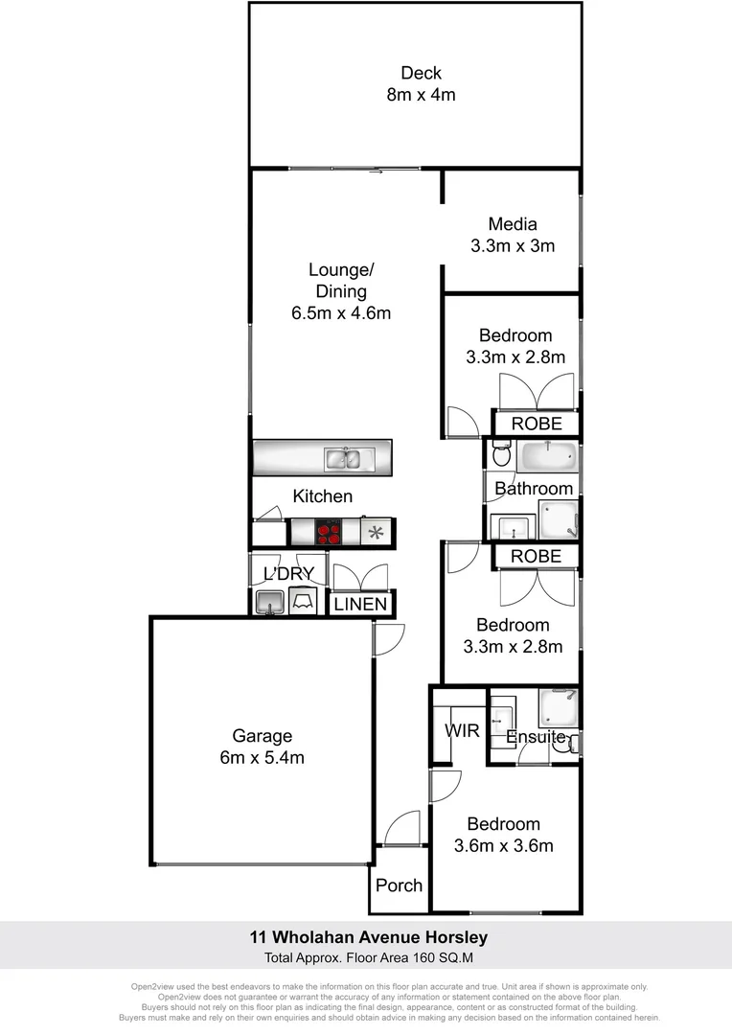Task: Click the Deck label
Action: click(422, 73)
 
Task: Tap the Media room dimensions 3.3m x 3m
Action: click(513, 245)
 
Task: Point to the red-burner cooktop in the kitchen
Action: click(329, 531)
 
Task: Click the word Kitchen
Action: click(322, 496)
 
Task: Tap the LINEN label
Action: click(361, 604)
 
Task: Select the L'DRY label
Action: click(288, 574)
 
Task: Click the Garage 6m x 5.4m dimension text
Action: click(262, 758)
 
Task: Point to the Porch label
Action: click(399, 885)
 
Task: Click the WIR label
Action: click(462, 730)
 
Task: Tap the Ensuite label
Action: click(536, 737)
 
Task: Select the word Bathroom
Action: click(534, 489)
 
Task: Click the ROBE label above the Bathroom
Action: click(536, 424)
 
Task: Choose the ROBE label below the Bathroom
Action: click(536, 557)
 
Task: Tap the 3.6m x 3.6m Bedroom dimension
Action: click(503, 845)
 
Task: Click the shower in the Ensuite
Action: click(559, 707)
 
